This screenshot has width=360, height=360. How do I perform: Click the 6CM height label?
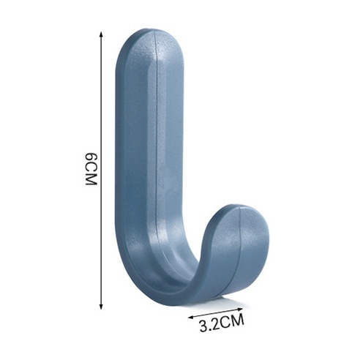(91, 169)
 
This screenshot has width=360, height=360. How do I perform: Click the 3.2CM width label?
(222, 323)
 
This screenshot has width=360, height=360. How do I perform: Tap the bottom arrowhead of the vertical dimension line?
(101, 307)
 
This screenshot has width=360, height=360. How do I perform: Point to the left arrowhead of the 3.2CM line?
(191, 318)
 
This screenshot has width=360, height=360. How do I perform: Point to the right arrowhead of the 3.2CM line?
(240, 309)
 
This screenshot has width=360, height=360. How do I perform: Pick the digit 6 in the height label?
(91, 157)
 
